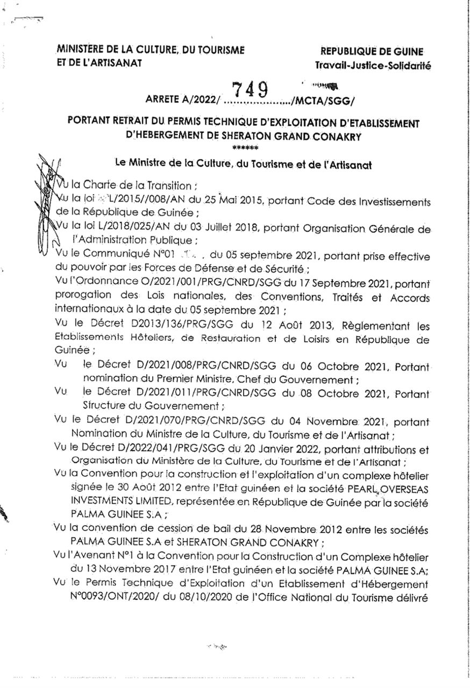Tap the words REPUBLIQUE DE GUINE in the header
372,52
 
